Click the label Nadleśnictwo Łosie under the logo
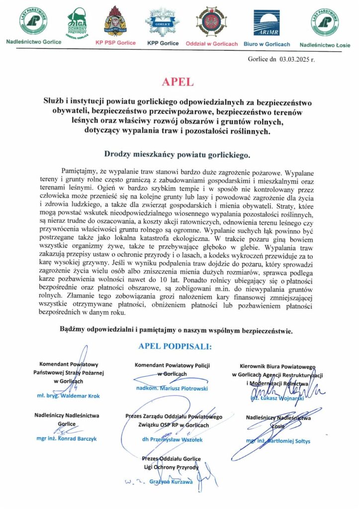(x=325, y=45)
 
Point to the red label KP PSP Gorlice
(x=115, y=43)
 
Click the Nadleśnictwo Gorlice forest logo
(x=33, y=21)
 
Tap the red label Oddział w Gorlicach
(x=212, y=43)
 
